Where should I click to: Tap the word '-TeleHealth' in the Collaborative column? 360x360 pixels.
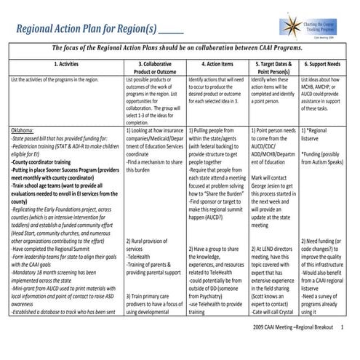pos(139,257)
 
